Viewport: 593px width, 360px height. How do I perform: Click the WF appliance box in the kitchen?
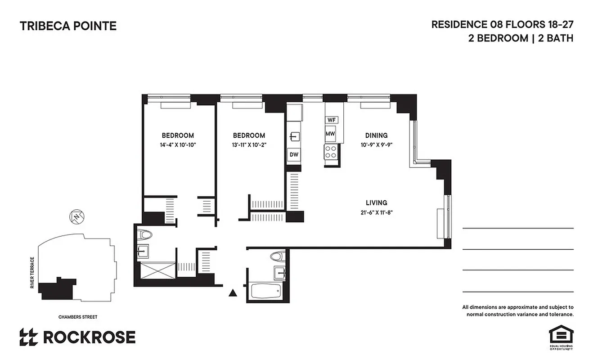pyautogui.click(x=332, y=120)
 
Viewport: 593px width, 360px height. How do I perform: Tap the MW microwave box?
pyautogui.click(x=331, y=134)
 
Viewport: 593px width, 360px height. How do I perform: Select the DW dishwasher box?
pyautogui.click(x=294, y=155)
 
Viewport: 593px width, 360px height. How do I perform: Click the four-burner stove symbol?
pyautogui.click(x=331, y=152)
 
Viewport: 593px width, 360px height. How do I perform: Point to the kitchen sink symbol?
pyautogui.click(x=294, y=136)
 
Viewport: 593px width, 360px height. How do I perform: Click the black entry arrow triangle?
pyautogui.click(x=233, y=293)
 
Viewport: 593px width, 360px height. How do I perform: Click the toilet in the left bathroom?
pyautogui.click(x=146, y=235)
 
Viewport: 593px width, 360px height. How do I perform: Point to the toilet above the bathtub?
pyautogui.click(x=275, y=256)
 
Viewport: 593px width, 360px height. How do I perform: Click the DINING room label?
pyautogui.click(x=376, y=135)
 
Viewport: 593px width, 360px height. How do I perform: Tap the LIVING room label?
pyautogui.click(x=376, y=203)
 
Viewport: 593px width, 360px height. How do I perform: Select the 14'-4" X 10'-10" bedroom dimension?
pyautogui.click(x=178, y=145)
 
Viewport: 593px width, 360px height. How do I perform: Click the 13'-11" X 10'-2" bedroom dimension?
pyautogui.click(x=248, y=145)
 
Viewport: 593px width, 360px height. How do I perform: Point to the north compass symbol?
pyautogui.click(x=77, y=217)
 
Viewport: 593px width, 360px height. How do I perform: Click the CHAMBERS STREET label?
pyautogui.click(x=78, y=317)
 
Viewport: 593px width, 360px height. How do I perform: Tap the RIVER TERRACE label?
pyautogui.click(x=32, y=273)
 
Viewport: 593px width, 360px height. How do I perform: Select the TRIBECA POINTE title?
pyautogui.click(x=68, y=26)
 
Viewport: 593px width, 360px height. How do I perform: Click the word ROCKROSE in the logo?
pyautogui.click(x=89, y=337)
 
